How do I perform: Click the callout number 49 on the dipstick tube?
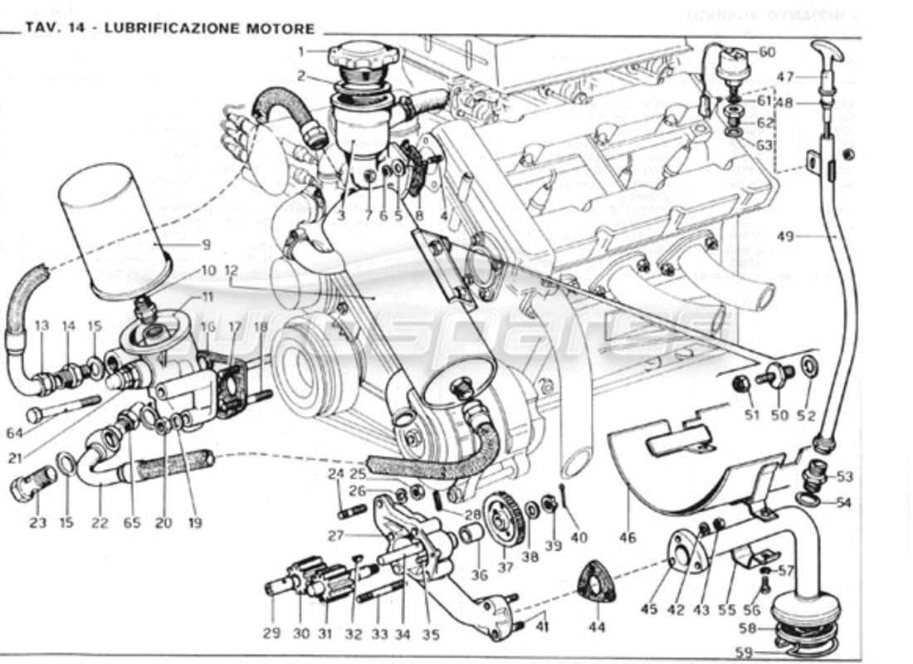coord(785,237)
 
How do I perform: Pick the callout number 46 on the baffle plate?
coord(627,537)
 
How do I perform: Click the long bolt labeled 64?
coord(62,410)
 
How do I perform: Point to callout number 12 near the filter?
coord(231,270)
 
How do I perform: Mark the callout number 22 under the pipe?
coord(100,523)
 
